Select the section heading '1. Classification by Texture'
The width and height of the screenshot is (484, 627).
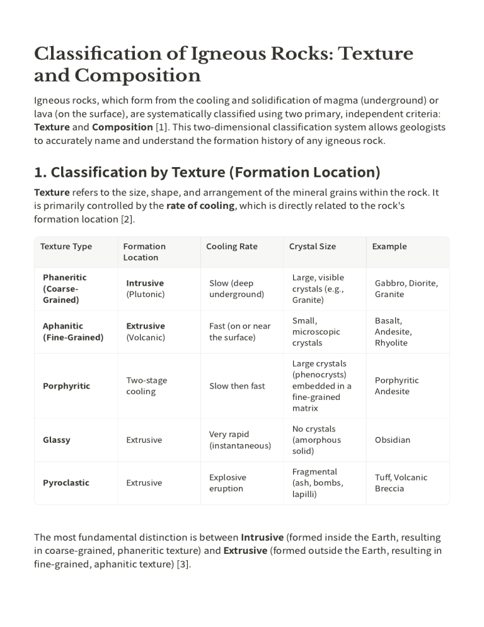pos(207,172)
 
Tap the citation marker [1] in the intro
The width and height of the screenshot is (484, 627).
pos(163,127)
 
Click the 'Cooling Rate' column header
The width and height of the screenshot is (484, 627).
pos(231,247)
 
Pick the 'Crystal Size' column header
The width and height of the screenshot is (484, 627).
pos(312,247)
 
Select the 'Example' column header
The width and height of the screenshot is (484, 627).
pos(389,247)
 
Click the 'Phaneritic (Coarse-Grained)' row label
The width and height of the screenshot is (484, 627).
pos(65,288)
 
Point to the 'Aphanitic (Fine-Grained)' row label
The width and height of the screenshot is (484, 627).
pos(72,332)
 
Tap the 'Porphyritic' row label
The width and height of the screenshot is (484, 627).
pos(66,386)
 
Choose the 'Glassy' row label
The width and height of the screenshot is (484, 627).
pos(56,440)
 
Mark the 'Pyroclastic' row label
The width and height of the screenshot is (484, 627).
pos(66,483)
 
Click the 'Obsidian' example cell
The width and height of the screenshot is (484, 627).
pos(392,440)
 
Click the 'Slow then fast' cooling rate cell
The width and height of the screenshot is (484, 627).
pos(237,386)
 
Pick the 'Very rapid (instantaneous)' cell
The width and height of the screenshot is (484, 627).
pos(239,440)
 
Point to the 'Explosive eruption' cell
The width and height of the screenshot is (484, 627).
pos(228,483)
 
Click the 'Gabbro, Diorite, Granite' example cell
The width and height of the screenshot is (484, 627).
pos(406,288)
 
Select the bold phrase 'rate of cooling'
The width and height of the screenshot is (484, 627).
pos(200,206)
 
